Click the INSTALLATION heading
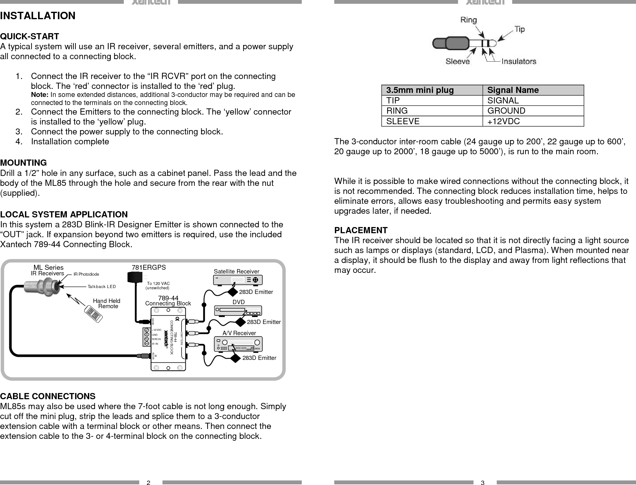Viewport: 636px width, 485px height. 38,16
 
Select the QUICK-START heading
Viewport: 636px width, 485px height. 30,37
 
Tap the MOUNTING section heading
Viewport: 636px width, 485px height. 24,163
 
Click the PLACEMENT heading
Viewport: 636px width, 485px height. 361,230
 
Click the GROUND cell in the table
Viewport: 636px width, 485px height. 506,111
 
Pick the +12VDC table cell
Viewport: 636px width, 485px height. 504,121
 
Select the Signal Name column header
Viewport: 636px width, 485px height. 513,90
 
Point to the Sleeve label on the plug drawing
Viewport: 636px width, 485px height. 457,62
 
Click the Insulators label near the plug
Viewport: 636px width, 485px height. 518,61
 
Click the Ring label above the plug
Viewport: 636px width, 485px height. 469,20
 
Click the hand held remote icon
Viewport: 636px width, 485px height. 95,315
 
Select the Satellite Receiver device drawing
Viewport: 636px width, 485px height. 238,280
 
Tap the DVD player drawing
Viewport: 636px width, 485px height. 238,311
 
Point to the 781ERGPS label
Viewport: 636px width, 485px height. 149,267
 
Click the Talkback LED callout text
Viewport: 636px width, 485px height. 102,287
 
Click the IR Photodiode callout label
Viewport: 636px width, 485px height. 86,274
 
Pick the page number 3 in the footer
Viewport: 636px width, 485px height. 482,483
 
